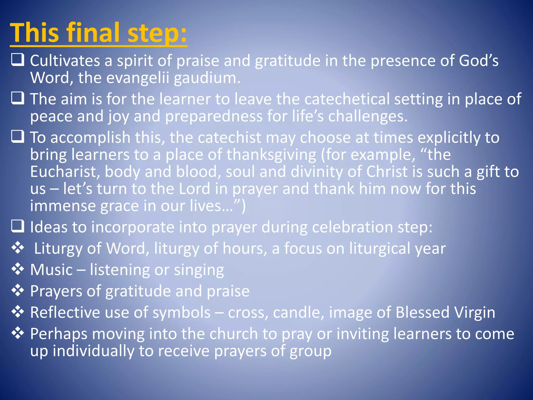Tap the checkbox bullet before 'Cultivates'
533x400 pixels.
(x=18, y=60)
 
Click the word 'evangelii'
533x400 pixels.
(x=138, y=78)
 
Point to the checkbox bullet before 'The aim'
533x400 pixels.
(x=18, y=98)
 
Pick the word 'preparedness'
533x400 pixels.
(x=214, y=116)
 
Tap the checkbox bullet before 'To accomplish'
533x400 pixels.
(x=18, y=137)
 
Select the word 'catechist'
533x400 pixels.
(x=229, y=137)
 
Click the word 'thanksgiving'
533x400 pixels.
(x=271, y=155)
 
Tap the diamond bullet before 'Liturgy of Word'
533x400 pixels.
(x=18, y=248)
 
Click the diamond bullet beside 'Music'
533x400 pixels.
(x=18, y=269)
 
